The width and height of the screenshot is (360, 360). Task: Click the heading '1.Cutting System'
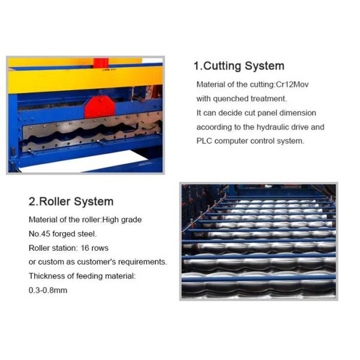point(239,66)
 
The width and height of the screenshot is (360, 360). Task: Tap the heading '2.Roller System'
point(71,202)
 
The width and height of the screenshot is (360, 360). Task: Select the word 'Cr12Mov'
point(292,85)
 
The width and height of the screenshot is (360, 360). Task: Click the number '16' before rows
point(85,248)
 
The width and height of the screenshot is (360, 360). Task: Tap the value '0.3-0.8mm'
point(48,290)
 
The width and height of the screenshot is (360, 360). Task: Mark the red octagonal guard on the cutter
point(100,107)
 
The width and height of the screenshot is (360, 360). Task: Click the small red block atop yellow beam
point(101,63)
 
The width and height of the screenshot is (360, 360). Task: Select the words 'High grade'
point(122,220)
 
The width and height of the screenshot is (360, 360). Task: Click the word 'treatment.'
point(269,99)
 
